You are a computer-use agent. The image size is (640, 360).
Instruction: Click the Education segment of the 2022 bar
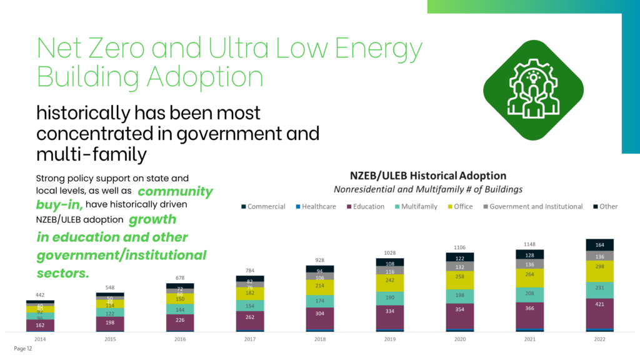(599, 312)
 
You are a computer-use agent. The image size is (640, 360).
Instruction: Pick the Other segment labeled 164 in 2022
(599, 244)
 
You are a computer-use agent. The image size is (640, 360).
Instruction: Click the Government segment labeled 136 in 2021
(529, 264)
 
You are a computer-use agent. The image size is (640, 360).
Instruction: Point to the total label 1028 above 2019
(389, 252)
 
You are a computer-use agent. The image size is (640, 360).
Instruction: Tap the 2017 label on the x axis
(250, 339)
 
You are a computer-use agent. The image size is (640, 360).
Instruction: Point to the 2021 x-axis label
(529, 339)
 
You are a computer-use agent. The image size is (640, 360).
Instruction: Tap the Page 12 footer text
(23, 349)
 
